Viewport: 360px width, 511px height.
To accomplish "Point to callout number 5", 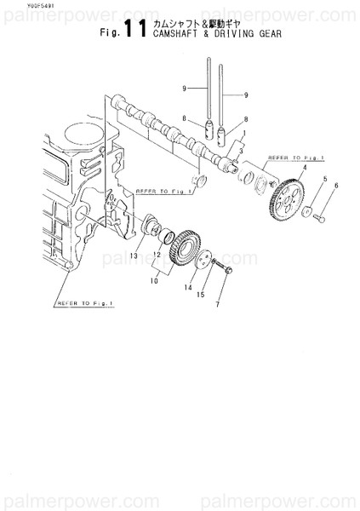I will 325,179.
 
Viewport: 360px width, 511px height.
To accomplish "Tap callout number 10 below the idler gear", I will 154,279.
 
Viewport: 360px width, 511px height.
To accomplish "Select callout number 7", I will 218,304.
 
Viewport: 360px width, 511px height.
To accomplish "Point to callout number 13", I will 133,255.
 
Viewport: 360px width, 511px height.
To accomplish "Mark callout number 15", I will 201,295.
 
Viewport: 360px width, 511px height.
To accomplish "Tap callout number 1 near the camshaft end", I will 243,134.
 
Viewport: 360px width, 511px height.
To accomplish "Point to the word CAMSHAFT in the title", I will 177,37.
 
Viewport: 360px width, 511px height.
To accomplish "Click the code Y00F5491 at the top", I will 17,7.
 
